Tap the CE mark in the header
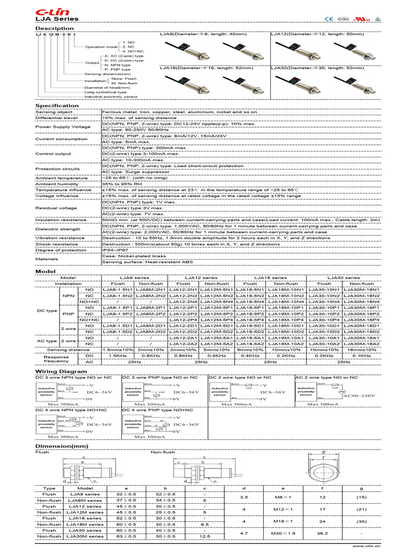pyautogui.click(x=329, y=18)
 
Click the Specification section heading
pyautogui.click(x=57, y=106)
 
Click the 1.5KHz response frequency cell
pyautogui.click(x=118, y=355)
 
